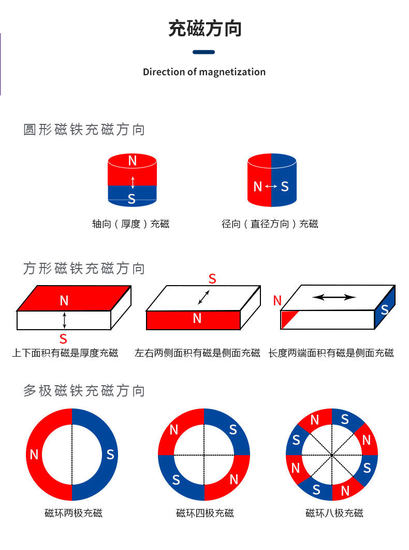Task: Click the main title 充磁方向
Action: click(x=204, y=29)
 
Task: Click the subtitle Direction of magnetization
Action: click(x=204, y=72)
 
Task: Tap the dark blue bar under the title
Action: click(x=203, y=52)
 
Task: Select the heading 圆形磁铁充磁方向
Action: click(x=84, y=130)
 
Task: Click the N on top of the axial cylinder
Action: click(x=132, y=161)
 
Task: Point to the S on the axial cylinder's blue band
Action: click(x=132, y=199)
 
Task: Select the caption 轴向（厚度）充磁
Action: click(x=130, y=224)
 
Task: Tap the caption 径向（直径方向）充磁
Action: click(x=270, y=224)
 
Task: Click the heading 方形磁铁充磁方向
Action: click(x=84, y=269)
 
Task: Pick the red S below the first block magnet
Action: click(x=63, y=339)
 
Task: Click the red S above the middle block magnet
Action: click(x=212, y=279)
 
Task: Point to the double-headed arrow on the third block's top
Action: click(x=334, y=297)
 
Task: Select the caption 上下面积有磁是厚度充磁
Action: click(x=65, y=353)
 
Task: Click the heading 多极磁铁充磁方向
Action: click(x=84, y=390)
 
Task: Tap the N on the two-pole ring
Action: click(x=34, y=455)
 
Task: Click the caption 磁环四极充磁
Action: click(x=205, y=513)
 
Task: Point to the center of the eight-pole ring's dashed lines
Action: click(x=332, y=455)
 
